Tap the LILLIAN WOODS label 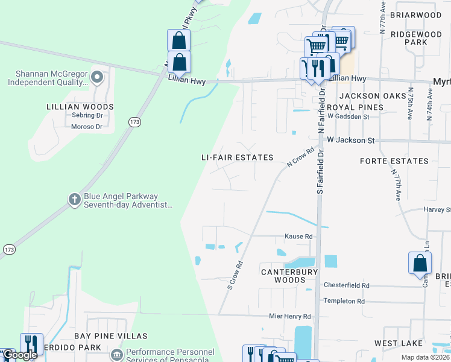80,107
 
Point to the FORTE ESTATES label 394,161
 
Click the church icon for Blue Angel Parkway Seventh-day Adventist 74,200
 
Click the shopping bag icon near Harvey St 420,264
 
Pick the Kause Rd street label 298,237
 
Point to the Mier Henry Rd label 290,316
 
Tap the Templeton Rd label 344,301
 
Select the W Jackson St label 350,140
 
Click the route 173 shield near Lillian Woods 134,122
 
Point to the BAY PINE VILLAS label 110,335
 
